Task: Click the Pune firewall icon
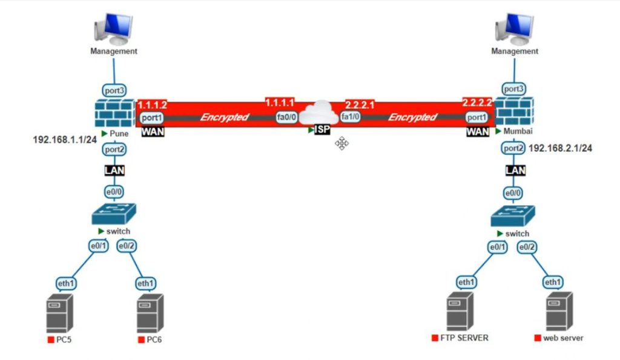(x=114, y=112)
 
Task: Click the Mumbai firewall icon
(x=515, y=112)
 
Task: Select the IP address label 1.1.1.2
(x=152, y=105)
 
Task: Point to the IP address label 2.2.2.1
(x=360, y=105)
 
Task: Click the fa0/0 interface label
(x=286, y=117)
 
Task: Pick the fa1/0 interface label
(x=351, y=117)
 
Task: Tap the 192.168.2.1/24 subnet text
(x=559, y=148)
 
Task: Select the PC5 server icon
(x=59, y=313)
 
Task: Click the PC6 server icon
(x=150, y=313)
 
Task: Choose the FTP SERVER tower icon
(x=460, y=310)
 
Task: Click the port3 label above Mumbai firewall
(x=513, y=89)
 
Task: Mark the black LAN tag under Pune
(x=114, y=171)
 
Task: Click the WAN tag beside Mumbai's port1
(x=477, y=131)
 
